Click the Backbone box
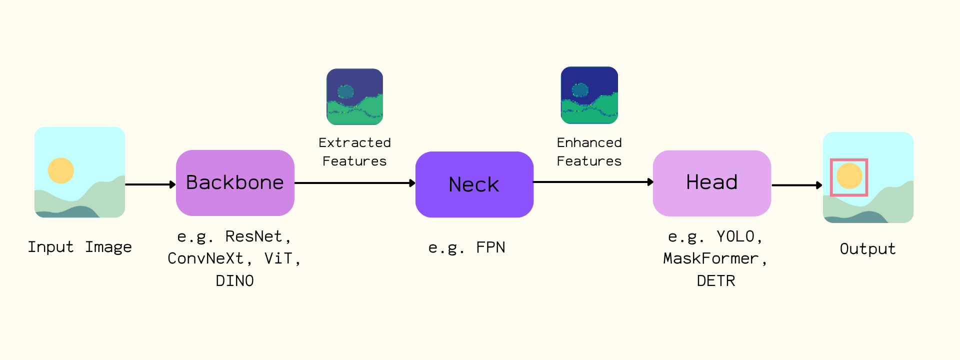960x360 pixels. pyautogui.click(x=235, y=183)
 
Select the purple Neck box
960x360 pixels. pyautogui.click(x=474, y=184)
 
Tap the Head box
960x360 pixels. pyautogui.click(x=711, y=183)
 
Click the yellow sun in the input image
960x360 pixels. pyautogui.click(x=61, y=170)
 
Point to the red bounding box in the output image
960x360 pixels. pyautogui.click(x=849, y=160)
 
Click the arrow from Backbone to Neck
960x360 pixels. pyautogui.click(x=355, y=183)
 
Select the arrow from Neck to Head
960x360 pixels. pyautogui.click(x=593, y=182)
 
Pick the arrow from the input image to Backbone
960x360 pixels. pyautogui.click(x=150, y=184)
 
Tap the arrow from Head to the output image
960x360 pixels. pyautogui.click(x=796, y=185)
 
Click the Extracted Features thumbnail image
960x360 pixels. pyautogui.click(x=354, y=96)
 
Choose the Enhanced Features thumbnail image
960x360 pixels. pyautogui.click(x=589, y=95)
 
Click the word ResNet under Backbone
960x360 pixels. pyautogui.click(x=253, y=236)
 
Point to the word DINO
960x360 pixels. pyautogui.click(x=234, y=281)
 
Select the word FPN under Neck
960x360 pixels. pyautogui.click(x=490, y=247)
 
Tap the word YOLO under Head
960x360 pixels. pyautogui.click(x=735, y=236)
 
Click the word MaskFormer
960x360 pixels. pyautogui.click(x=710, y=258)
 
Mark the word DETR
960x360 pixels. pyautogui.click(x=716, y=281)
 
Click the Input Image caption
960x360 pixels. pyautogui.click(x=79, y=247)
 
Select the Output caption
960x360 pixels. pyautogui.click(x=867, y=249)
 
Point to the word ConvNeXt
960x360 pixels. pyautogui.click(x=205, y=258)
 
